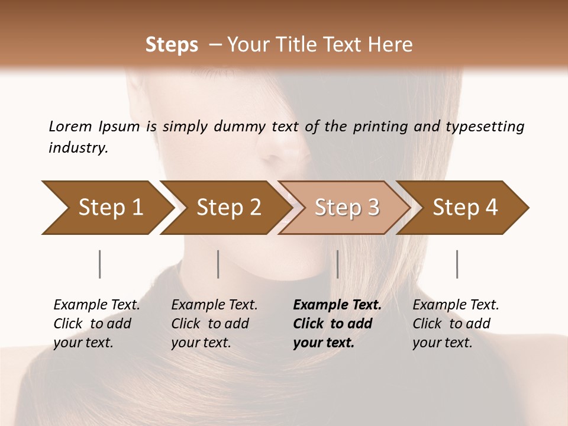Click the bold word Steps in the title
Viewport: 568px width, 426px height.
pyautogui.click(x=172, y=45)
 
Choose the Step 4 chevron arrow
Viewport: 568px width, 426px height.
pyautogui.click(x=464, y=208)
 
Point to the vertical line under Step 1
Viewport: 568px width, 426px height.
pyautogui.click(x=100, y=264)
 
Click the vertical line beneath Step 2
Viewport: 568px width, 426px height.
pyautogui.click(x=218, y=264)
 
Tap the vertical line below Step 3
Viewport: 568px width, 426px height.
pyautogui.click(x=337, y=264)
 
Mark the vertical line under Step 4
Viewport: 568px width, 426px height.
pyautogui.click(x=457, y=264)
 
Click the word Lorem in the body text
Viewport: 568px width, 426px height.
pyautogui.click(x=70, y=126)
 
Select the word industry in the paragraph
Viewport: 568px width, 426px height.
pyautogui.click(x=78, y=148)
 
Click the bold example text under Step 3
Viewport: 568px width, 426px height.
pyautogui.click(x=337, y=324)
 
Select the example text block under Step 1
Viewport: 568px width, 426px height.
pyautogui.click(x=96, y=324)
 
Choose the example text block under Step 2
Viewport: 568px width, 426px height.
pyautogui.click(x=214, y=324)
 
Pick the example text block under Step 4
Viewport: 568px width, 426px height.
pyautogui.click(x=456, y=324)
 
